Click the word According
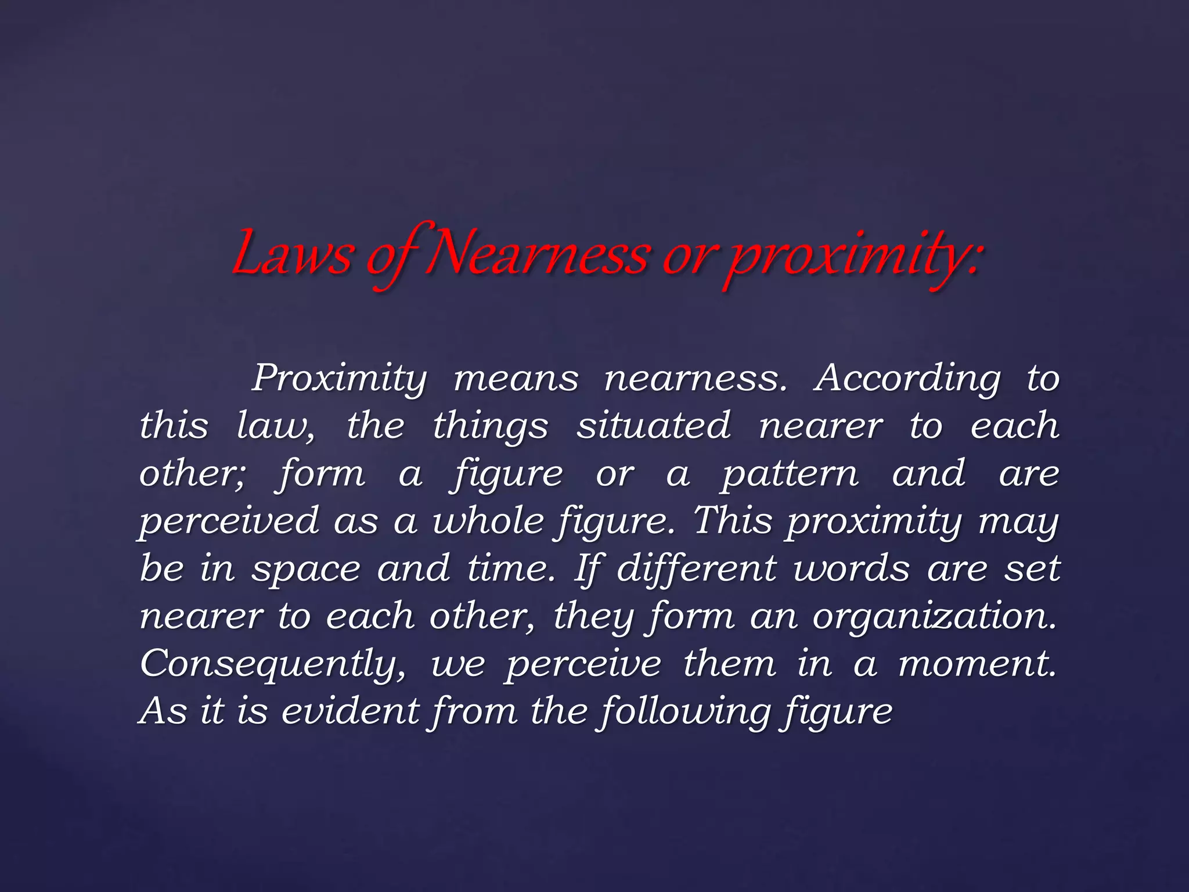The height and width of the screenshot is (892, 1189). click(x=907, y=379)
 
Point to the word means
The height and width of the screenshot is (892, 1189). click(x=516, y=379)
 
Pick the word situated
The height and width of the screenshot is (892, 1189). click(x=653, y=426)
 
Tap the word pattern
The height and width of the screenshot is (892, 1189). click(x=790, y=474)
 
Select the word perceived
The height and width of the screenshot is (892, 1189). click(x=229, y=521)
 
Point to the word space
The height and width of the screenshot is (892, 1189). click(x=306, y=569)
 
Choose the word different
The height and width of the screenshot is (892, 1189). click(x=696, y=568)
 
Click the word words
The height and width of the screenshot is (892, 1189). click(x=851, y=568)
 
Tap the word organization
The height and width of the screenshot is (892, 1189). click(x=934, y=617)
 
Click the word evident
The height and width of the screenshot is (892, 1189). click(x=350, y=711)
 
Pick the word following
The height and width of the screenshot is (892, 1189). click(x=685, y=712)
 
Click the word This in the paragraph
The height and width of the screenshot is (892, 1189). click(x=733, y=520)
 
